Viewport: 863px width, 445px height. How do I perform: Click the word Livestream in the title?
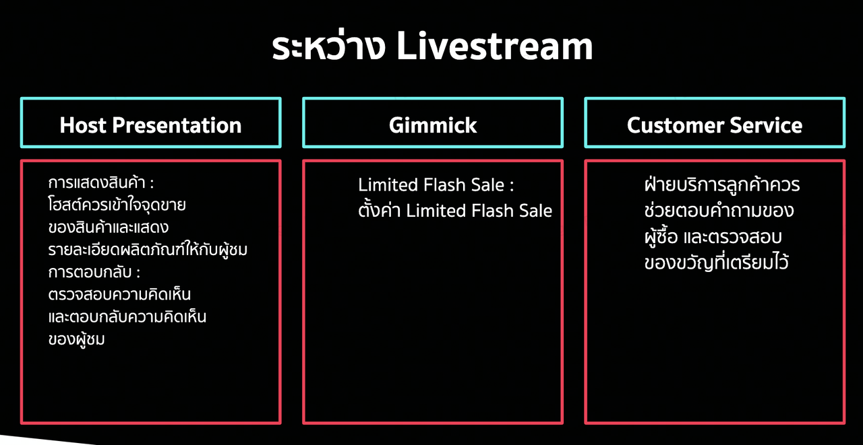pos(494,46)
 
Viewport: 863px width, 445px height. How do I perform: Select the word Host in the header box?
pos(83,125)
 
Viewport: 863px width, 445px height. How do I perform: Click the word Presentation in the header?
pos(177,126)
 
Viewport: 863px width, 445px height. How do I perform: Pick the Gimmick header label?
pos(433,125)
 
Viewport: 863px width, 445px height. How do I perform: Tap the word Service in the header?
pos(766,125)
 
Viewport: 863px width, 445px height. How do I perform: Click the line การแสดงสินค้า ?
pos(101,182)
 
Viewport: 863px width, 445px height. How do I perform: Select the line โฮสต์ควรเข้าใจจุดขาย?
pos(117,205)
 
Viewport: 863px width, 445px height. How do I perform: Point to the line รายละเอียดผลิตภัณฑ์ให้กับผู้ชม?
pos(148,249)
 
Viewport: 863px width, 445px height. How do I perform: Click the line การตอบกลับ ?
pos(94,271)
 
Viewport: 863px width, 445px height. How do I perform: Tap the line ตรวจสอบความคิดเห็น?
pos(119,294)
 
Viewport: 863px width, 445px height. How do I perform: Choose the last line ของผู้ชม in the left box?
pos(77,339)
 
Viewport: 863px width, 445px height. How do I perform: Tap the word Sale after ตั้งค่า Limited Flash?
pos(535,211)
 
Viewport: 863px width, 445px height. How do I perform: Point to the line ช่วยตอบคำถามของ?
pos(719,210)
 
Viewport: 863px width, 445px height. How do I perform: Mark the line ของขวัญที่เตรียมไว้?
pos(716,262)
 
